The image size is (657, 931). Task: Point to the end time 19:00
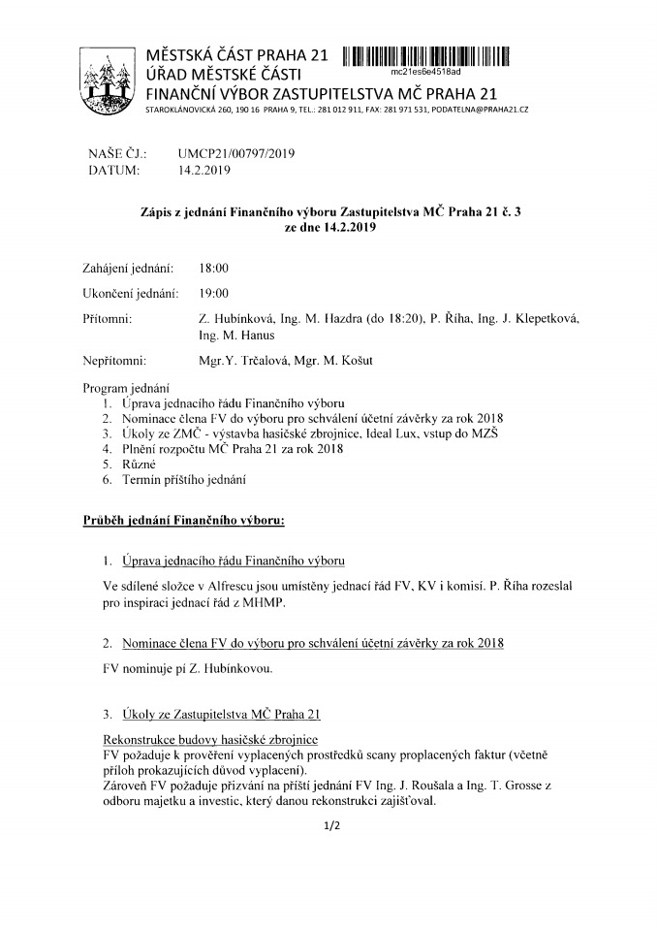pyautogui.click(x=212, y=293)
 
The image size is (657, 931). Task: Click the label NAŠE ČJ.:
pyautogui.click(x=116, y=153)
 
